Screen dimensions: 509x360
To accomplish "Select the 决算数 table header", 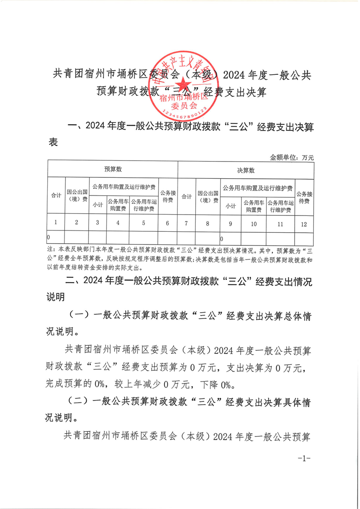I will pos(246,171).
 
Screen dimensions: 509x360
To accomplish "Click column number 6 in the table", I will pos(168,223).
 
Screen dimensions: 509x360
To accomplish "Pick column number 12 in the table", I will pos(304,224).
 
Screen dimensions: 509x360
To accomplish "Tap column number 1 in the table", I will pos(55,222).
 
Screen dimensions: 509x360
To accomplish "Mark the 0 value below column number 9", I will pos(222,239).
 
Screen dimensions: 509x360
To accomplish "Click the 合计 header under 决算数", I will pos(186,197).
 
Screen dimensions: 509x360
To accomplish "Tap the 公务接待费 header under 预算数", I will pos(168,196).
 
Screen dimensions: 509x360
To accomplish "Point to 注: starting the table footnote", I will pos(50,250).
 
